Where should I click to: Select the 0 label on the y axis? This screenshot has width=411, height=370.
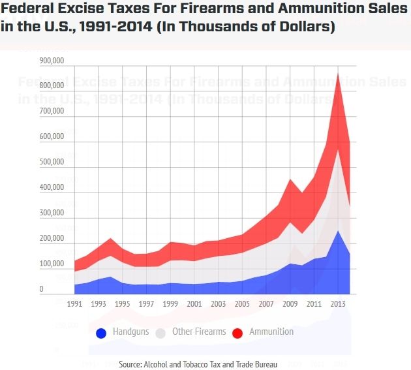pyautogui.click(x=41, y=289)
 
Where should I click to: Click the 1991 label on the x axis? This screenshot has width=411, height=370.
pyautogui.click(x=75, y=304)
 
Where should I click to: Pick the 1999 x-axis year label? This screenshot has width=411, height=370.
pyautogui.click(x=170, y=304)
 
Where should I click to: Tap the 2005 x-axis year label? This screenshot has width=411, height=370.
pyautogui.click(x=241, y=304)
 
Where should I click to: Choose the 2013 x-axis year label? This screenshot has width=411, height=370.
pyautogui.click(x=337, y=304)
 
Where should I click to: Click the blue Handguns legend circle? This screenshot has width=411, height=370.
pyautogui.click(x=101, y=333)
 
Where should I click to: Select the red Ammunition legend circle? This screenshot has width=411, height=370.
pyautogui.click(x=237, y=333)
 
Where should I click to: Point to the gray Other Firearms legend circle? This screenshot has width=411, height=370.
pyautogui.click(x=160, y=333)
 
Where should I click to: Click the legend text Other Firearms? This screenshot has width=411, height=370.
pyautogui.click(x=199, y=331)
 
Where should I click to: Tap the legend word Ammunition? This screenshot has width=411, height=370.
pyautogui.click(x=271, y=331)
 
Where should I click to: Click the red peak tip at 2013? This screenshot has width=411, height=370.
pyautogui.click(x=338, y=74)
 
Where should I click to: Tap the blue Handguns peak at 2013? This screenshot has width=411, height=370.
pyautogui.click(x=338, y=230)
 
